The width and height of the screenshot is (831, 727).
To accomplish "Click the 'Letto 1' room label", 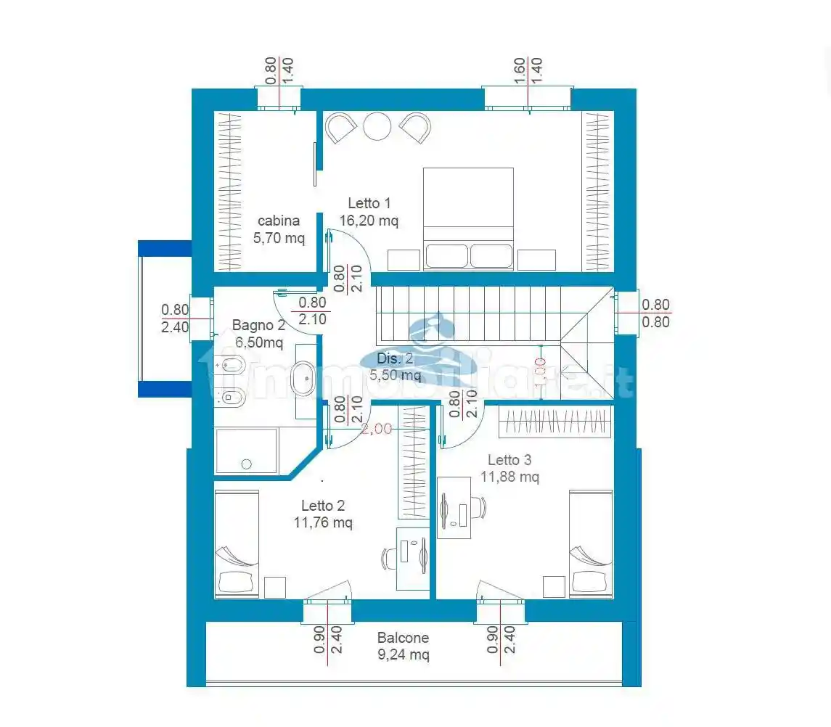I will click(369, 203).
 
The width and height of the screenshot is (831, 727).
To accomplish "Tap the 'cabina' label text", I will click(279, 221).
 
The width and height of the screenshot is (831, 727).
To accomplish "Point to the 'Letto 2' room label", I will click(323, 506).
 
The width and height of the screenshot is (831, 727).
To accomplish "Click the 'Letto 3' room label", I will click(509, 460).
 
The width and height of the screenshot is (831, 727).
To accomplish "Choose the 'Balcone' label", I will click(403, 638).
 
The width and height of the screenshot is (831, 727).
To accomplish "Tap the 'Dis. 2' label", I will click(395, 358).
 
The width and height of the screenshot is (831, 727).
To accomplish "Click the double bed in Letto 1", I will click(468, 218).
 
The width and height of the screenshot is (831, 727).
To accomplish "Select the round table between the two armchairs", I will click(377, 127).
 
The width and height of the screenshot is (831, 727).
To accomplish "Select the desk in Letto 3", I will click(453, 508).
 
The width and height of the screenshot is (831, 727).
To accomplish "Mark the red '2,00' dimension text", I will click(377, 429).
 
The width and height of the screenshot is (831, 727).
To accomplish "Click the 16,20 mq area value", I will click(369, 221).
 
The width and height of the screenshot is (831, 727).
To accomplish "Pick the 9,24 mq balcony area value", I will click(403, 655).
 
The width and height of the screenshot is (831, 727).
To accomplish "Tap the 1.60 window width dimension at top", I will click(520, 71).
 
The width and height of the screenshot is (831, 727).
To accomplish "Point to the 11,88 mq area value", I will click(509, 477).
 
